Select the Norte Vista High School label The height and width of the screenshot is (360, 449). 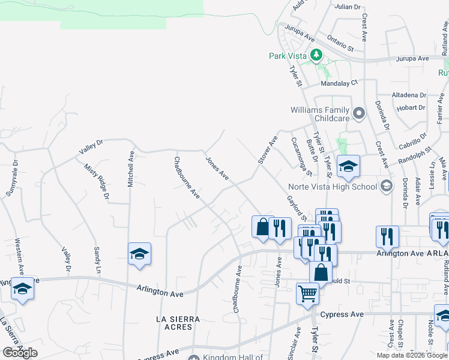pyautogui.click(x=332, y=186)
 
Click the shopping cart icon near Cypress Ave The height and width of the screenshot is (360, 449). pyautogui.click(x=307, y=294)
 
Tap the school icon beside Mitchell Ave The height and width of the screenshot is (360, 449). pyautogui.click(x=139, y=254)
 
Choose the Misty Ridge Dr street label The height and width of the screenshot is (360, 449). pyautogui.click(x=97, y=181)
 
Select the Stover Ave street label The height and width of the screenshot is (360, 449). pyautogui.click(x=268, y=150)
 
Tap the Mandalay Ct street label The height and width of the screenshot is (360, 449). pyautogui.click(x=339, y=83)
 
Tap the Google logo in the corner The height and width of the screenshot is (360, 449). pyautogui.click(x=20, y=353)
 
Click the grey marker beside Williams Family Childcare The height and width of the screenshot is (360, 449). pyautogui.click(x=359, y=112)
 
